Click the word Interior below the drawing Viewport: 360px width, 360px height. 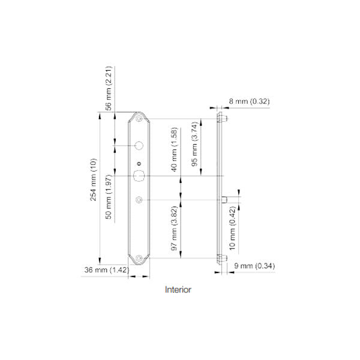[178, 290]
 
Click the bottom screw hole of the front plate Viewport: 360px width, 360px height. [139, 258]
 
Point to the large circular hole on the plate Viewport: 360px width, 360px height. [139, 146]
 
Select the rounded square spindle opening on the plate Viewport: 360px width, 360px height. [139, 175]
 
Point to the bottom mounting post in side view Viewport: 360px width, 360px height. [220, 258]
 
